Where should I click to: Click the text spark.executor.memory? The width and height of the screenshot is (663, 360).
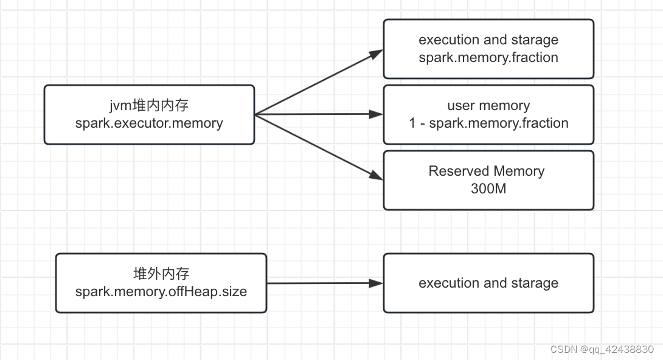click(149, 123)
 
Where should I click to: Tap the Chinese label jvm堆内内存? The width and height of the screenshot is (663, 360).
click(149, 106)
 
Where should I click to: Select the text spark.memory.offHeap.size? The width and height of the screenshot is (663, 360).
click(161, 291)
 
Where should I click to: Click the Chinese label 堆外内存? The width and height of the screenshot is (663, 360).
click(161, 274)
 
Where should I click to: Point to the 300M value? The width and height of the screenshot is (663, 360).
click(488, 189)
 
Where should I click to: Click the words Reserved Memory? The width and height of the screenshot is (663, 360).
click(487, 171)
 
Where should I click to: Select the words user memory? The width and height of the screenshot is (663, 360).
click(488, 106)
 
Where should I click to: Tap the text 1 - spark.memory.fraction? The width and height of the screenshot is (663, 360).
click(488, 123)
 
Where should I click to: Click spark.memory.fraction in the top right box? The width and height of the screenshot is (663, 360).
click(488, 58)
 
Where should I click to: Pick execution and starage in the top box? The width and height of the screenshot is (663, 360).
click(488, 40)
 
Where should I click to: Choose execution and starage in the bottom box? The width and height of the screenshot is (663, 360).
click(488, 283)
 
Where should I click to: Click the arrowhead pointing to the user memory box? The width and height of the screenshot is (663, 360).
click(377, 114)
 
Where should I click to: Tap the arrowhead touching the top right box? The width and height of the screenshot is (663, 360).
click(377, 54)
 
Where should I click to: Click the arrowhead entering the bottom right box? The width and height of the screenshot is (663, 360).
click(377, 283)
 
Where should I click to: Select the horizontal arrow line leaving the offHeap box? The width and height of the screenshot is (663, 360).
click(316, 283)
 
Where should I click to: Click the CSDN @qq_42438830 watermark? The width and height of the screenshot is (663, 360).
click(602, 350)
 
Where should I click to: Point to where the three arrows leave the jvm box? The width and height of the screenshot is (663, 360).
click(256, 114)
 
